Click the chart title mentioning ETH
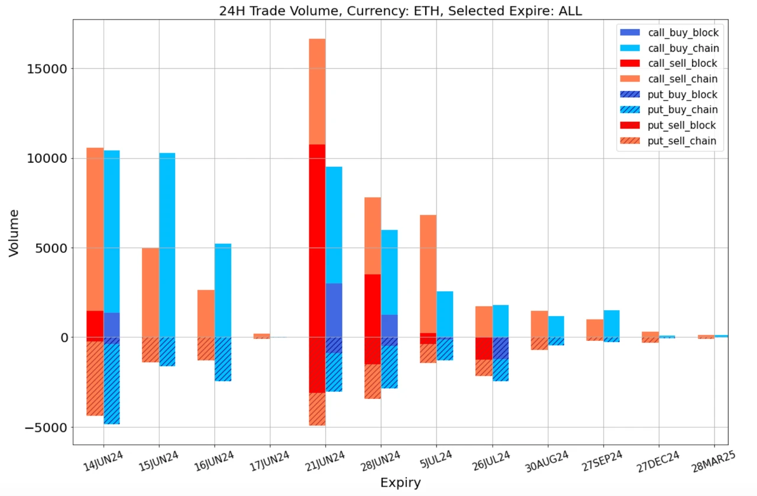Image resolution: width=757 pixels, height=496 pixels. [x=400, y=10]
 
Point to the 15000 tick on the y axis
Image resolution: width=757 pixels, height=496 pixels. [x=47, y=69]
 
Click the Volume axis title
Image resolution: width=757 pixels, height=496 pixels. [x=14, y=232]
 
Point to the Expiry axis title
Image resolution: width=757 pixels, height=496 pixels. [x=400, y=482]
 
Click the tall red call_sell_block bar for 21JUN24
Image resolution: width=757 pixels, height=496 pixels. [x=317, y=237]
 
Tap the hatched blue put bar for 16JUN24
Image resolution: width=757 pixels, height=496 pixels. [x=222, y=359]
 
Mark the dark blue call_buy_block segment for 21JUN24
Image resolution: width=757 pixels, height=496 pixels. [x=334, y=310]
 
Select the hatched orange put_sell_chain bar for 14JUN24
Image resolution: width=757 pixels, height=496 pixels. [x=95, y=379]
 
